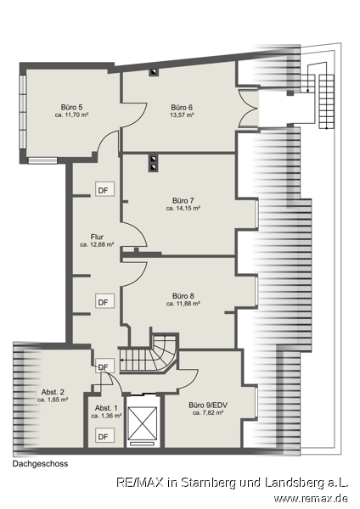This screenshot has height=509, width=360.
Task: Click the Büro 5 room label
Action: click(x=71, y=107)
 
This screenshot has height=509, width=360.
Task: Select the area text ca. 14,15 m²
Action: click(x=183, y=209)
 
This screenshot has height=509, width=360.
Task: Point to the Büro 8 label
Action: click(x=183, y=296)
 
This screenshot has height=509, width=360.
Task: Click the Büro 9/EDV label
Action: click(x=208, y=406)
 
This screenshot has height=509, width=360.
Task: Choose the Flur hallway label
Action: click(x=97, y=237)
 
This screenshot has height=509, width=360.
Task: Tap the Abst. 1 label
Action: click(x=106, y=408)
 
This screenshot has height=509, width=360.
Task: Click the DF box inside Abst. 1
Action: click(x=104, y=436)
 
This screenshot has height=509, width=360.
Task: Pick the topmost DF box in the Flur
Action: click(x=104, y=189)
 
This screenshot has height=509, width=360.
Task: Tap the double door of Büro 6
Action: click(x=249, y=108)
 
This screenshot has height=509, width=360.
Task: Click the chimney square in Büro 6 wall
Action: click(x=154, y=72)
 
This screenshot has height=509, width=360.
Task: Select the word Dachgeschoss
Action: click(x=40, y=464)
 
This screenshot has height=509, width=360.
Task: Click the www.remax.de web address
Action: click(x=311, y=498)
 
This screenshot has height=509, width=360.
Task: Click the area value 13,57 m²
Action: click(x=182, y=115)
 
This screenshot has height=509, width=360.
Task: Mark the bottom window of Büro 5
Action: click(x=42, y=160)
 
